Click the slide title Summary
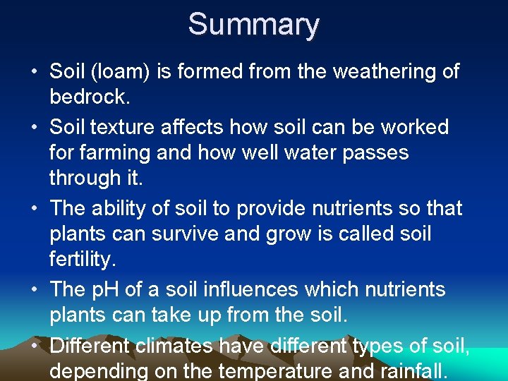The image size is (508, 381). pyautogui.click(x=253, y=24)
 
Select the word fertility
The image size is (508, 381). pyautogui.click(x=82, y=260)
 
